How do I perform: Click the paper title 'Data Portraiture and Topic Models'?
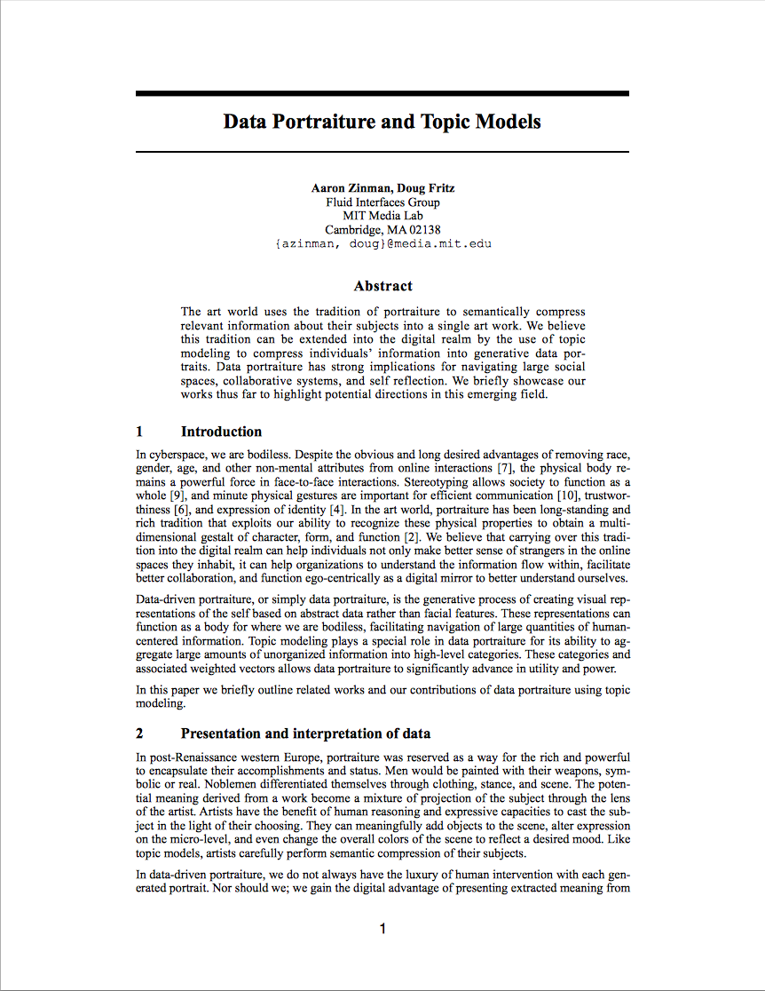[x=382, y=122]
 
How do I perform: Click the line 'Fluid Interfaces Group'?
[x=382, y=202]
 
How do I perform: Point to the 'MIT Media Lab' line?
[x=382, y=216]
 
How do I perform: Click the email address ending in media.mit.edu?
[x=382, y=243]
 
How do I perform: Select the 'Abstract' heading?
[x=382, y=286]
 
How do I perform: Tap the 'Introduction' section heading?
[x=221, y=432]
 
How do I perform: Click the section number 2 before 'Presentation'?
[x=140, y=733]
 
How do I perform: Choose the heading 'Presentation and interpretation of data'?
[x=305, y=733]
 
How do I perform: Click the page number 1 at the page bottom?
[x=382, y=930]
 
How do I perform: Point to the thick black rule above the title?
[x=382, y=93]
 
